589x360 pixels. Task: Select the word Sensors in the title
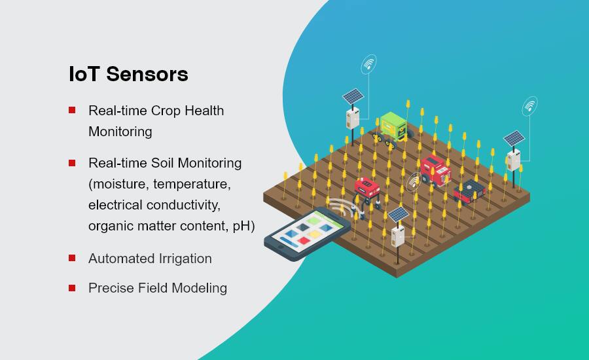(x=147, y=74)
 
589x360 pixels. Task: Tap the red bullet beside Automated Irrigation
(x=72, y=258)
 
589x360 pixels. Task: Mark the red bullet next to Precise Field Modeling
(x=72, y=288)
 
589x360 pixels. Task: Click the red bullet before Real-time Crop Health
(x=72, y=110)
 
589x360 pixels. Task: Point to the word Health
(x=204, y=111)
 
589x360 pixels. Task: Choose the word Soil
(x=162, y=163)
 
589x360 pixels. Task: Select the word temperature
(x=192, y=184)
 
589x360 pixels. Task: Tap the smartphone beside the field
(x=308, y=234)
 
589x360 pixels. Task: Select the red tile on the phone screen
(x=304, y=240)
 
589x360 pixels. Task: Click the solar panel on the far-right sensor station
(x=514, y=138)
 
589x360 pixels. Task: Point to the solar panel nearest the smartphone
(x=398, y=215)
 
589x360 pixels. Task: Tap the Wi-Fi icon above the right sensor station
(x=529, y=106)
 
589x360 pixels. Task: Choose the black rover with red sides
(x=469, y=192)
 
